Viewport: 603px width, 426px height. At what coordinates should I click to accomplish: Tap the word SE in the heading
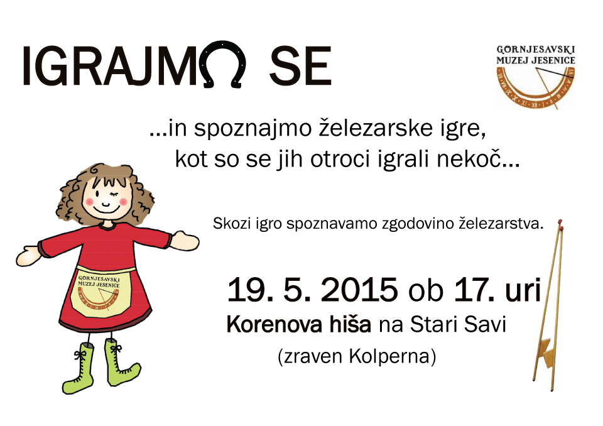[300, 66]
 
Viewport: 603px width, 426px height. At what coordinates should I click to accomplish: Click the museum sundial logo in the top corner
[536, 77]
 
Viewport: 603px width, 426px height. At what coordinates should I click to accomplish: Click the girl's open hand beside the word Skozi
[186, 241]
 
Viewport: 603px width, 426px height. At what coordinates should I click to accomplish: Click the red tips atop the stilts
[560, 225]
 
